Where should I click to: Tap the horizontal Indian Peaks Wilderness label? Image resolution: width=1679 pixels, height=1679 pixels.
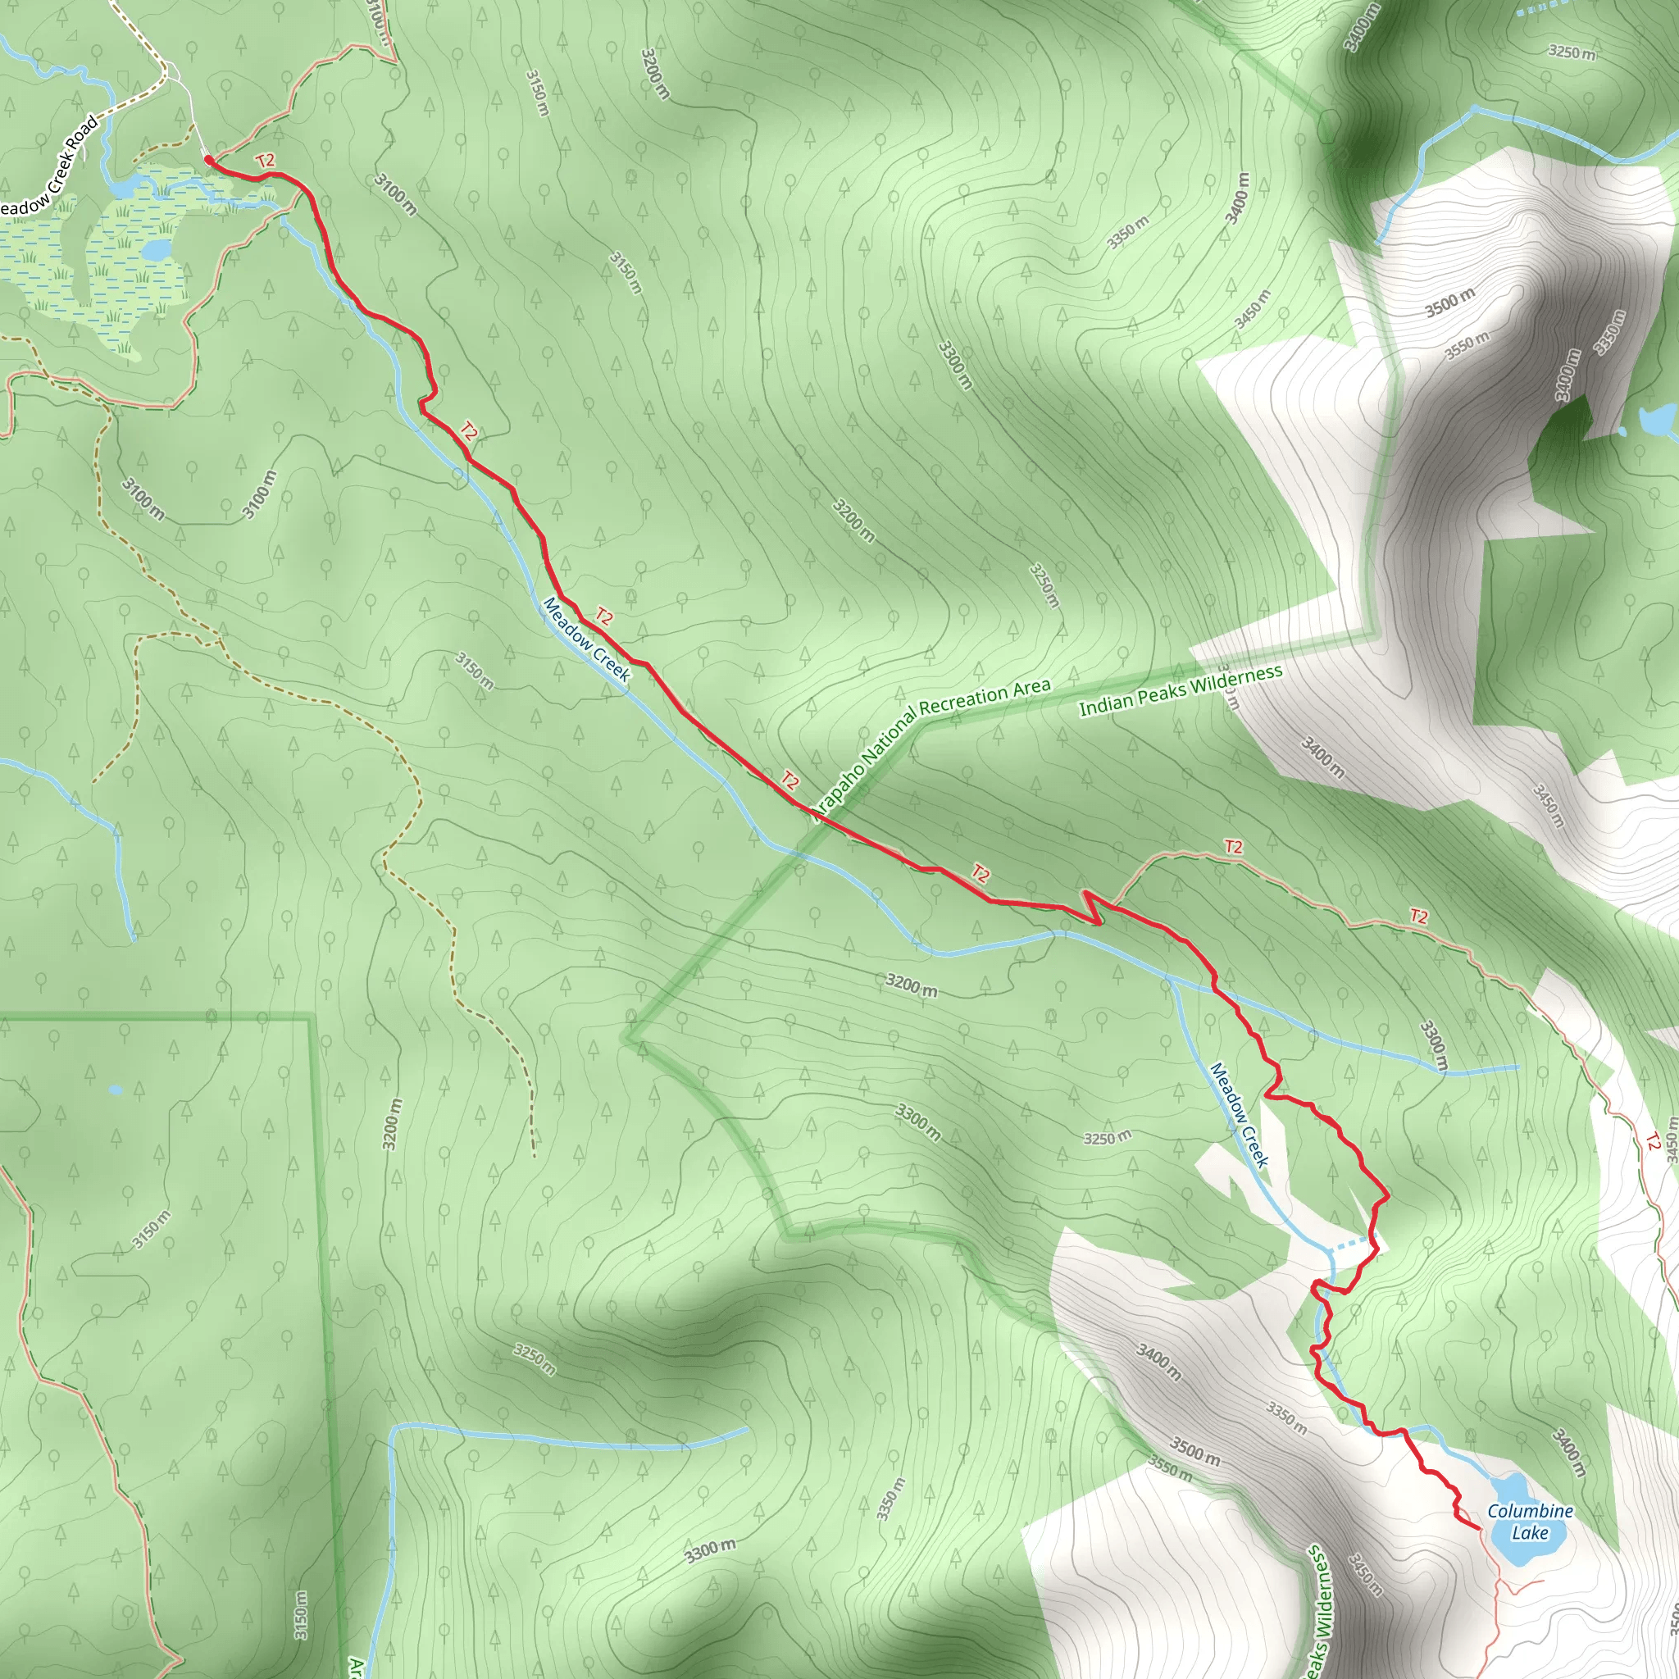(x=1181, y=691)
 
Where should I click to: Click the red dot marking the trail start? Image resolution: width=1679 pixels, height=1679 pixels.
(x=208, y=160)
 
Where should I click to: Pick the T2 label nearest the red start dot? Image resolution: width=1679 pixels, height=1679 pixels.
(x=265, y=161)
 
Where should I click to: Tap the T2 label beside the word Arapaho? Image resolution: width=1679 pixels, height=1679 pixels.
(x=789, y=780)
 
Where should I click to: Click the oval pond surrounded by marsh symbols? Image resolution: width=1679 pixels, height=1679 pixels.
(x=157, y=250)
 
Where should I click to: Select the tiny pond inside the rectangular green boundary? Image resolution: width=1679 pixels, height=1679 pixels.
(x=116, y=1090)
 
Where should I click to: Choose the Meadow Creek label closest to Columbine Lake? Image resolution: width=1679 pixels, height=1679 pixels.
(x=1240, y=1115)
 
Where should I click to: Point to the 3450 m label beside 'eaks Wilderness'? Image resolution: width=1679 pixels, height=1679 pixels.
(x=1364, y=1575)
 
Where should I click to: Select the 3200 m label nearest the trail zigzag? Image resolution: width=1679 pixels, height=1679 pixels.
(x=911, y=985)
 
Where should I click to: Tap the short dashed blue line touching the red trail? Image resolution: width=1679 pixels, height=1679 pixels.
(x=1350, y=1245)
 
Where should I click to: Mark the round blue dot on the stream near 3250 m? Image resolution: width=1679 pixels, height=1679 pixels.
(x=1475, y=110)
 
